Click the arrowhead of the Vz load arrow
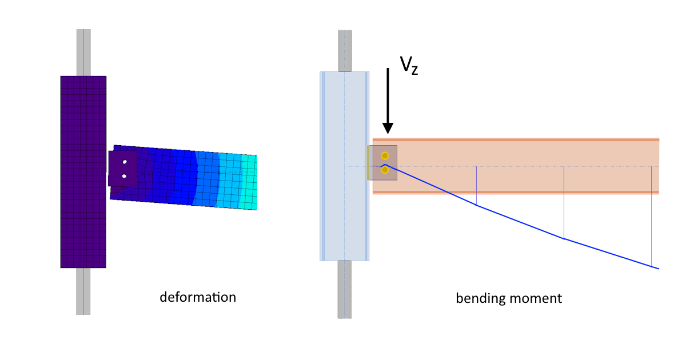coord(388,128)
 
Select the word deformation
coord(197,297)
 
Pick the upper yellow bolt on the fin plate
coord(385,155)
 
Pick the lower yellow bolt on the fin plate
coord(385,169)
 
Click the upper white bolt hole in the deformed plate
coord(124,162)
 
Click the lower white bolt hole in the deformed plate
coord(124,176)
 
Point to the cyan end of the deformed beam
coord(250,182)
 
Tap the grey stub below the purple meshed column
coord(83,291)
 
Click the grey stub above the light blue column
coord(344,51)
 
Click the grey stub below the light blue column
coord(344,289)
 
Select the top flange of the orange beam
coord(514,139)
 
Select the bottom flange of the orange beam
coord(514,193)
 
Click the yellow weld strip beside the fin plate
coord(368,163)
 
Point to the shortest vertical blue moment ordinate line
coord(476,186)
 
